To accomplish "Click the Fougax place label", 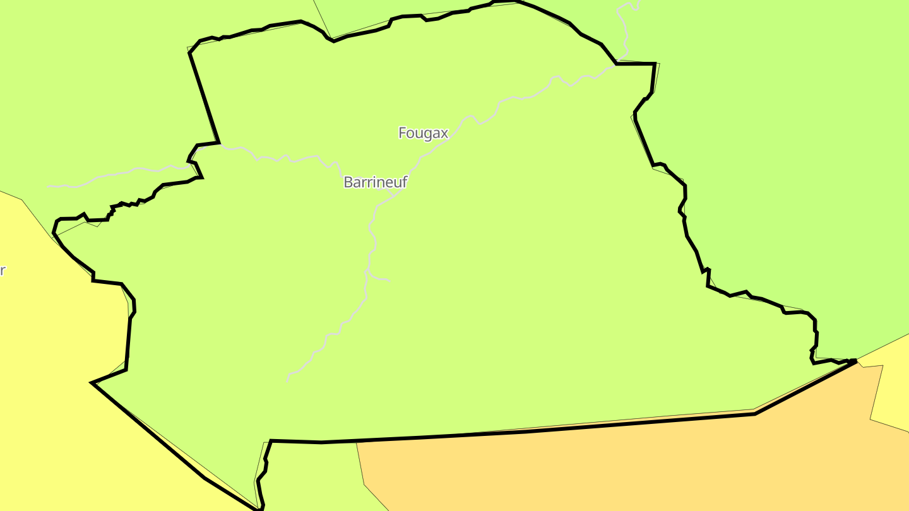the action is click(423, 133).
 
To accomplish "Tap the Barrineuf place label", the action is click(375, 182).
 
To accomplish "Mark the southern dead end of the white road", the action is click(288, 380).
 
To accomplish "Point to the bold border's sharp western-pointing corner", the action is click(92, 383).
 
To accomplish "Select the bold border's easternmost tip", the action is click(856, 361).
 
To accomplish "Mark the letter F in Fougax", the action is click(403, 133).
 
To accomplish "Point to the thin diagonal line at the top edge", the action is click(322, 19).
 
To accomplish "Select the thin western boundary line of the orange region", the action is click(362, 467).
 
